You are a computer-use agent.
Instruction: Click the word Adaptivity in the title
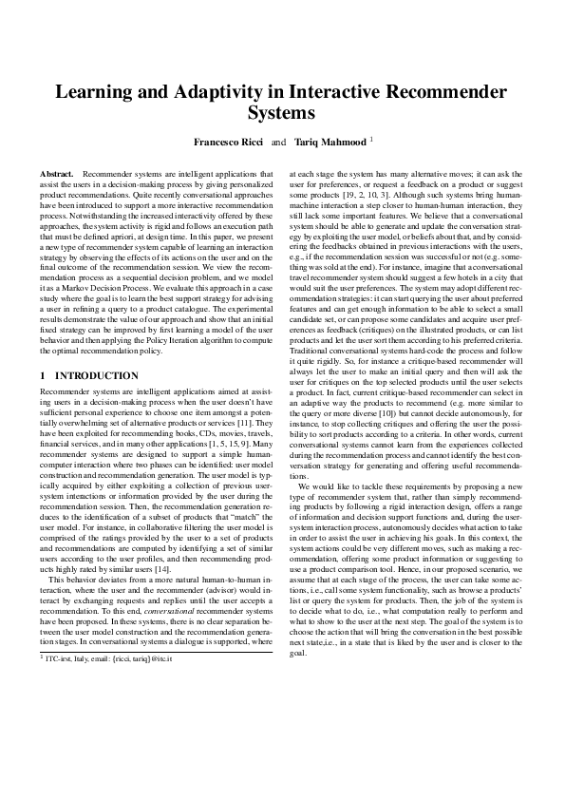(x=190, y=92)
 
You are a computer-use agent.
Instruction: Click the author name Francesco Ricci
(x=229, y=142)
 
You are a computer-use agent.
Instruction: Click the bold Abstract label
(x=57, y=175)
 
